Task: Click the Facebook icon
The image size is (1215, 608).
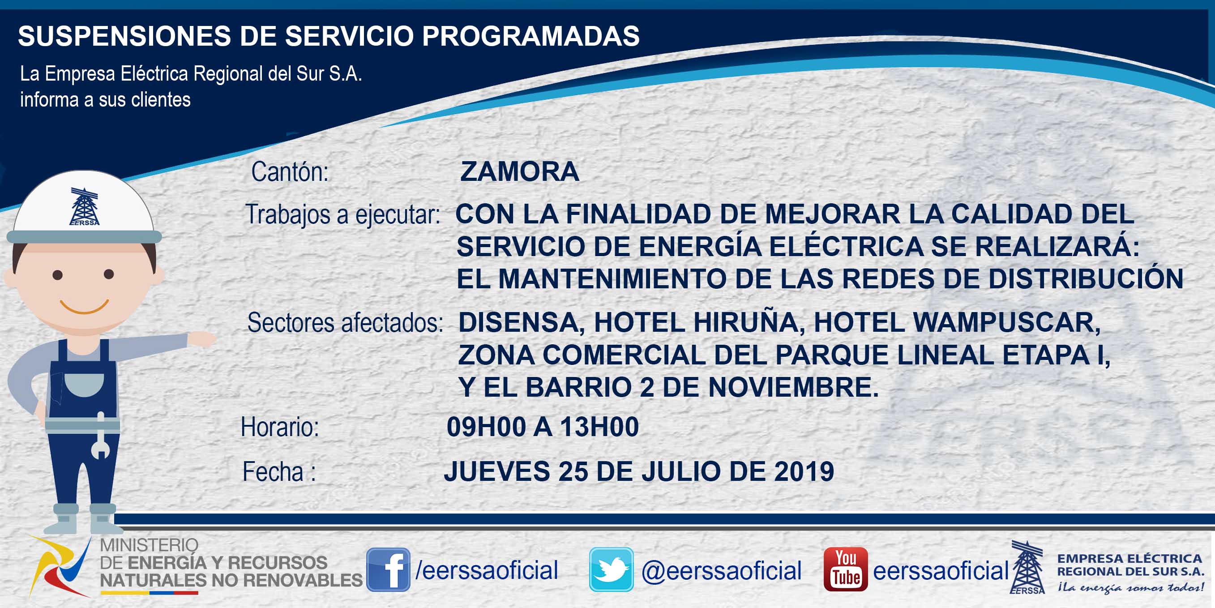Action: (388, 569)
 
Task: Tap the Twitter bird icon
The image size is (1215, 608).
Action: (611, 569)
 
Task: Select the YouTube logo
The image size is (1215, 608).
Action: (846, 569)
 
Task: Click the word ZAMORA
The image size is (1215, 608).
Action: (519, 171)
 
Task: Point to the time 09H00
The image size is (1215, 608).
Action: (486, 427)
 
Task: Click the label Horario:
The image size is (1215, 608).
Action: (280, 427)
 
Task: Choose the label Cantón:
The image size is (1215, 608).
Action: (290, 171)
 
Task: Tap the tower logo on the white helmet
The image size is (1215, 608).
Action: (85, 206)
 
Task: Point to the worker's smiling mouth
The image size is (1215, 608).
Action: (85, 307)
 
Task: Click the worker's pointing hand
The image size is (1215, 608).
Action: (202, 339)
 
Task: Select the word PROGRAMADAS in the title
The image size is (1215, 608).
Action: (530, 36)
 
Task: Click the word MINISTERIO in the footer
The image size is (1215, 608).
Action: (149, 545)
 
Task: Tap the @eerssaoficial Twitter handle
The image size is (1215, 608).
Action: (721, 571)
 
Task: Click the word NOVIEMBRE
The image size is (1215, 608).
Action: (794, 387)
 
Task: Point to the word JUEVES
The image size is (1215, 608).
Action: (497, 471)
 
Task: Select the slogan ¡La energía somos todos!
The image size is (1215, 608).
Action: (1130, 587)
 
